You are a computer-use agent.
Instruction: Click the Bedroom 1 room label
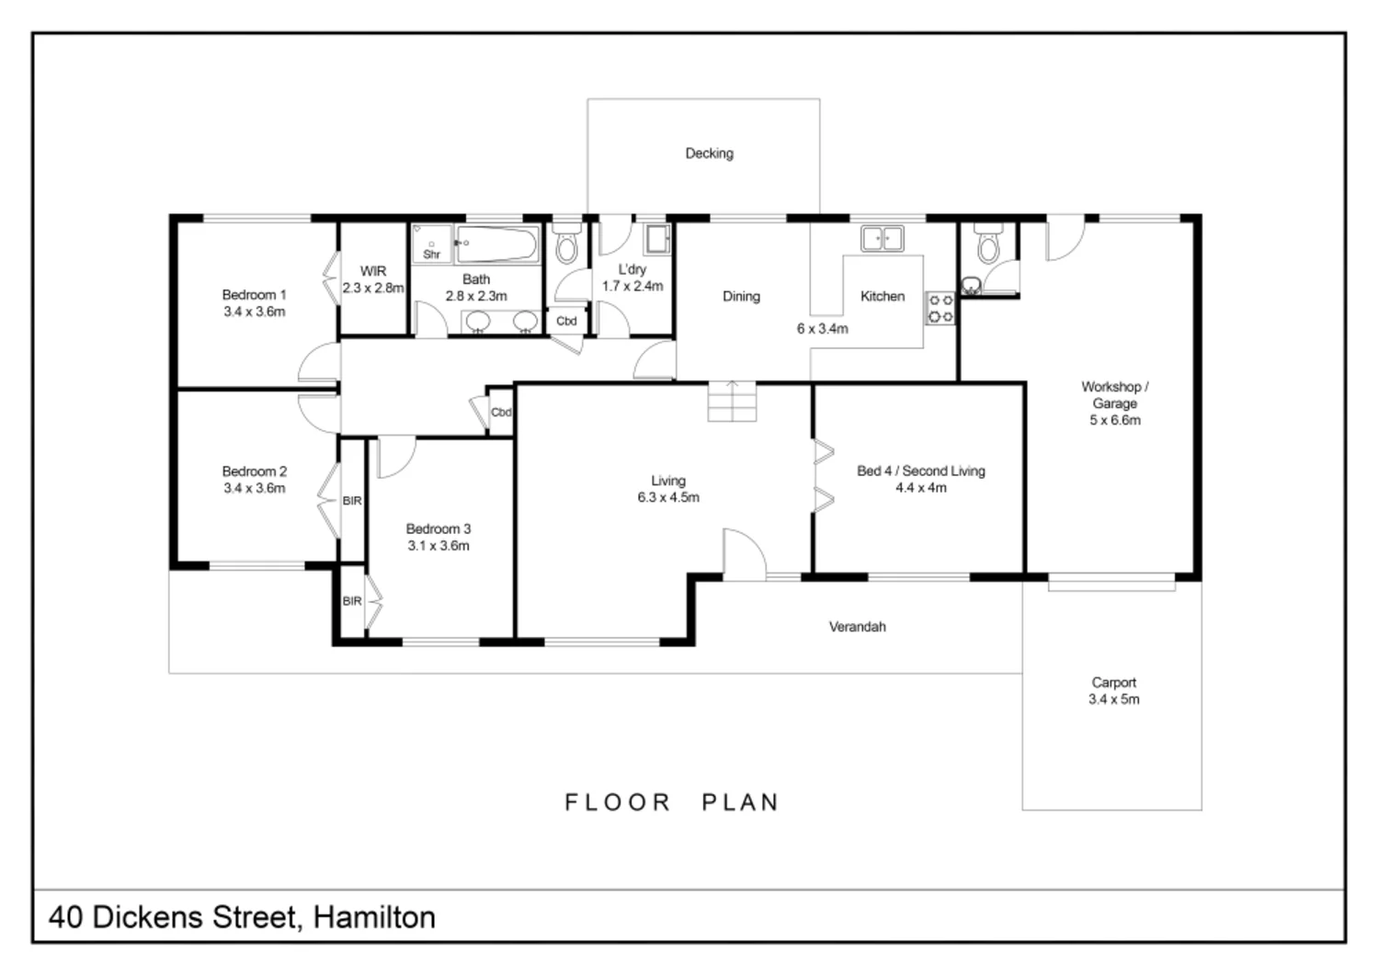pyautogui.click(x=254, y=295)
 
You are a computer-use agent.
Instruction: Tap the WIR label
pyautogui.click(x=372, y=271)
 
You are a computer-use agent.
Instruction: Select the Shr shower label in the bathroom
pyautogui.click(x=431, y=255)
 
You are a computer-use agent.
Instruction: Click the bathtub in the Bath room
pyautogui.click(x=496, y=244)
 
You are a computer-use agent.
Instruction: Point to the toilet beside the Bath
pyautogui.click(x=566, y=245)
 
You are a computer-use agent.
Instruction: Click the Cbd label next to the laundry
pyautogui.click(x=566, y=322)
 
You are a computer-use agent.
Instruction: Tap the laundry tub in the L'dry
pyautogui.click(x=656, y=239)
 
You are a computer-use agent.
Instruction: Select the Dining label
pyautogui.click(x=741, y=296)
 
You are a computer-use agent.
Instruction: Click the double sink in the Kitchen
pyautogui.click(x=882, y=239)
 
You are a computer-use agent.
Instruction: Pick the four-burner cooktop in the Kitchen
pyautogui.click(x=940, y=309)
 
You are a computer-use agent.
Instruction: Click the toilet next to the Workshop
pyautogui.click(x=988, y=245)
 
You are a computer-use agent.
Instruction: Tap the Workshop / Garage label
pyautogui.click(x=1114, y=395)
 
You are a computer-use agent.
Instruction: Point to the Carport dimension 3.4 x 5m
pyautogui.click(x=1113, y=699)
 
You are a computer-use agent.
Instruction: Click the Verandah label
pyautogui.click(x=857, y=627)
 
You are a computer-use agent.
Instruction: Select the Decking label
pyautogui.click(x=709, y=153)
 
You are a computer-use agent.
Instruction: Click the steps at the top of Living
pyautogui.click(x=732, y=401)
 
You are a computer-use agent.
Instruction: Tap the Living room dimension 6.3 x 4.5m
pyautogui.click(x=668, y=497)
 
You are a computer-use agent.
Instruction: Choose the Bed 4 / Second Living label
pyautogui.click(x=920, y=470)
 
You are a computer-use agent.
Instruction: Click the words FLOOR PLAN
pyautogui.click(x=672, y=802)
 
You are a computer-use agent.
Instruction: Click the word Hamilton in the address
pyautogui.click(x=374, y=917)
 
